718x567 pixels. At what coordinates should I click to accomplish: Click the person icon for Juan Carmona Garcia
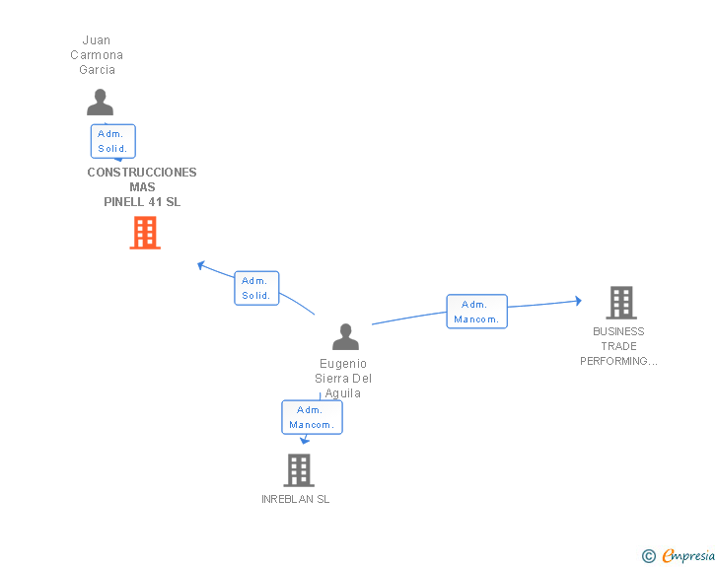(100, 103)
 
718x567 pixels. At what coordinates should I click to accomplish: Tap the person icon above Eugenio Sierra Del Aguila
(345, 336)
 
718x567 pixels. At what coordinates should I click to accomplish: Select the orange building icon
(145, 233)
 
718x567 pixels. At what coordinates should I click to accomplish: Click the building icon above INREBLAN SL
(299, 470)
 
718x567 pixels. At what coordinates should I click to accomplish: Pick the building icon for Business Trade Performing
(621, 303)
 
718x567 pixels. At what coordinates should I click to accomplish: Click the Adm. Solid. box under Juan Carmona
(113, 141)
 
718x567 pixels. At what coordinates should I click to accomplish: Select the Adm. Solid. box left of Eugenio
(256, 288)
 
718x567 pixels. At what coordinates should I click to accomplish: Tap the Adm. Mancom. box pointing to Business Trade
(476, 312)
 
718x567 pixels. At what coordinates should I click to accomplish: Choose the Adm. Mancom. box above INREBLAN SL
(312, 417)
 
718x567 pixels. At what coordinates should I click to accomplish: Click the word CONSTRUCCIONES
(142, 173)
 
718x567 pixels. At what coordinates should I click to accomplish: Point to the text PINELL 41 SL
(142, 202)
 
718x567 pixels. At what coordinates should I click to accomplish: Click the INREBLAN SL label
(295, 499)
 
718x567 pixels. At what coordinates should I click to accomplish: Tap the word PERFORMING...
(613, 361)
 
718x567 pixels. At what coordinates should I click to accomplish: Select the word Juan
(97, 40)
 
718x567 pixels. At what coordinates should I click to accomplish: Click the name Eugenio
(343, 364)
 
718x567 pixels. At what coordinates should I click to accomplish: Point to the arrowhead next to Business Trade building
(578, 301)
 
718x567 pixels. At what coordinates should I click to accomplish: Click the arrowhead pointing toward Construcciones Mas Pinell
(200, 264)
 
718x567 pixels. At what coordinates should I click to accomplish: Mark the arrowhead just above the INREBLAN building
(305, 441)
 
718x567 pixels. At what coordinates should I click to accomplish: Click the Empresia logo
(688, 555)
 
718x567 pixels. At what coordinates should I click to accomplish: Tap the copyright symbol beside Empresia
(649, 556)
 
